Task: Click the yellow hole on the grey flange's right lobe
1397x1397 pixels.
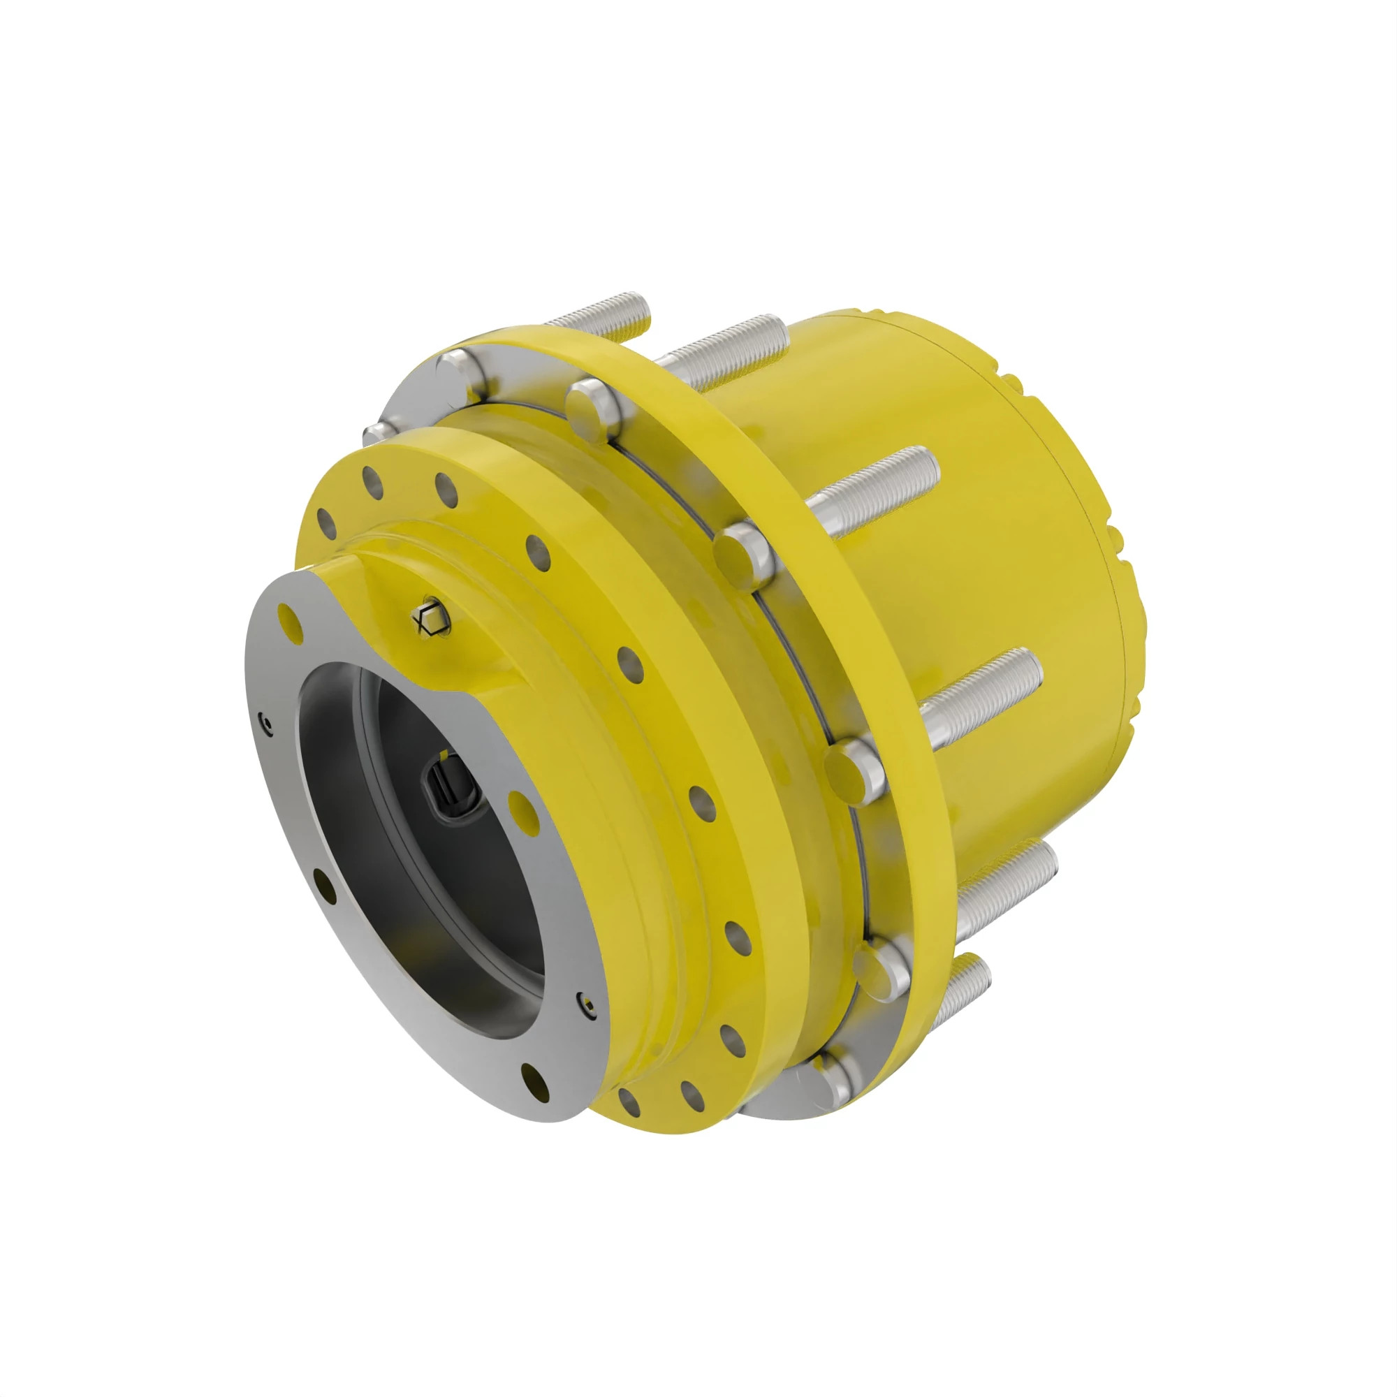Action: (522, 805)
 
